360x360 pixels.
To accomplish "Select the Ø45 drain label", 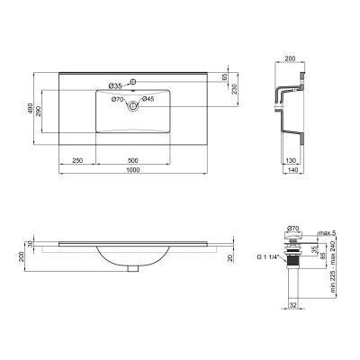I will point(148,98).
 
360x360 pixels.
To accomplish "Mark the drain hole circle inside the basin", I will point(132,106).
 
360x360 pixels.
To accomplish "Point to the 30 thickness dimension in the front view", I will point(31,243).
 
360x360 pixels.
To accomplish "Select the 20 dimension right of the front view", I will point(231,257).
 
